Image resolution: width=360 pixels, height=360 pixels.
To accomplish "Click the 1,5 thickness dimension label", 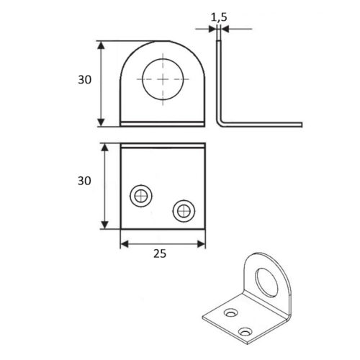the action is [x=219, y=17].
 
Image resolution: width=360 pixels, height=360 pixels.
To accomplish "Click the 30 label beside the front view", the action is [x=84, y=79].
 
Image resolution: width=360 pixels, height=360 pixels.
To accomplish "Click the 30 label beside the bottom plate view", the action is [x=84, y=181].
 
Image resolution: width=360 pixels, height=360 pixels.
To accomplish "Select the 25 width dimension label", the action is [x=160, y=253].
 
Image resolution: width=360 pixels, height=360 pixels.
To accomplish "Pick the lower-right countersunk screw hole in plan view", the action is [x=184, y=211].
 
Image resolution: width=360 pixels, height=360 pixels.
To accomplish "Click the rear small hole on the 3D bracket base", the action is [x=231, y=312].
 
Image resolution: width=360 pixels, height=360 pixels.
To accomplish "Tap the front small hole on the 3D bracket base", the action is [x=246, y=332].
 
